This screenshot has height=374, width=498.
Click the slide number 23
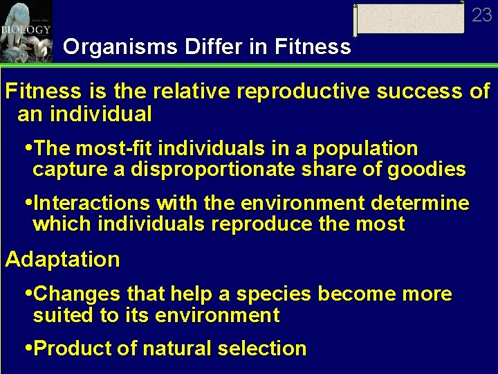click(x=481, y=15)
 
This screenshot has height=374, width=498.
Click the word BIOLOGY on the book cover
click(x=21, y=30)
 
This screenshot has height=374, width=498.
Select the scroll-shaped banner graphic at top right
click(x=409, y=19)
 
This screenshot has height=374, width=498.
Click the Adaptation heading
click(x=62, y=260)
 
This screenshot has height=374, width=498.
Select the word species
click(x=274, y=294)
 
